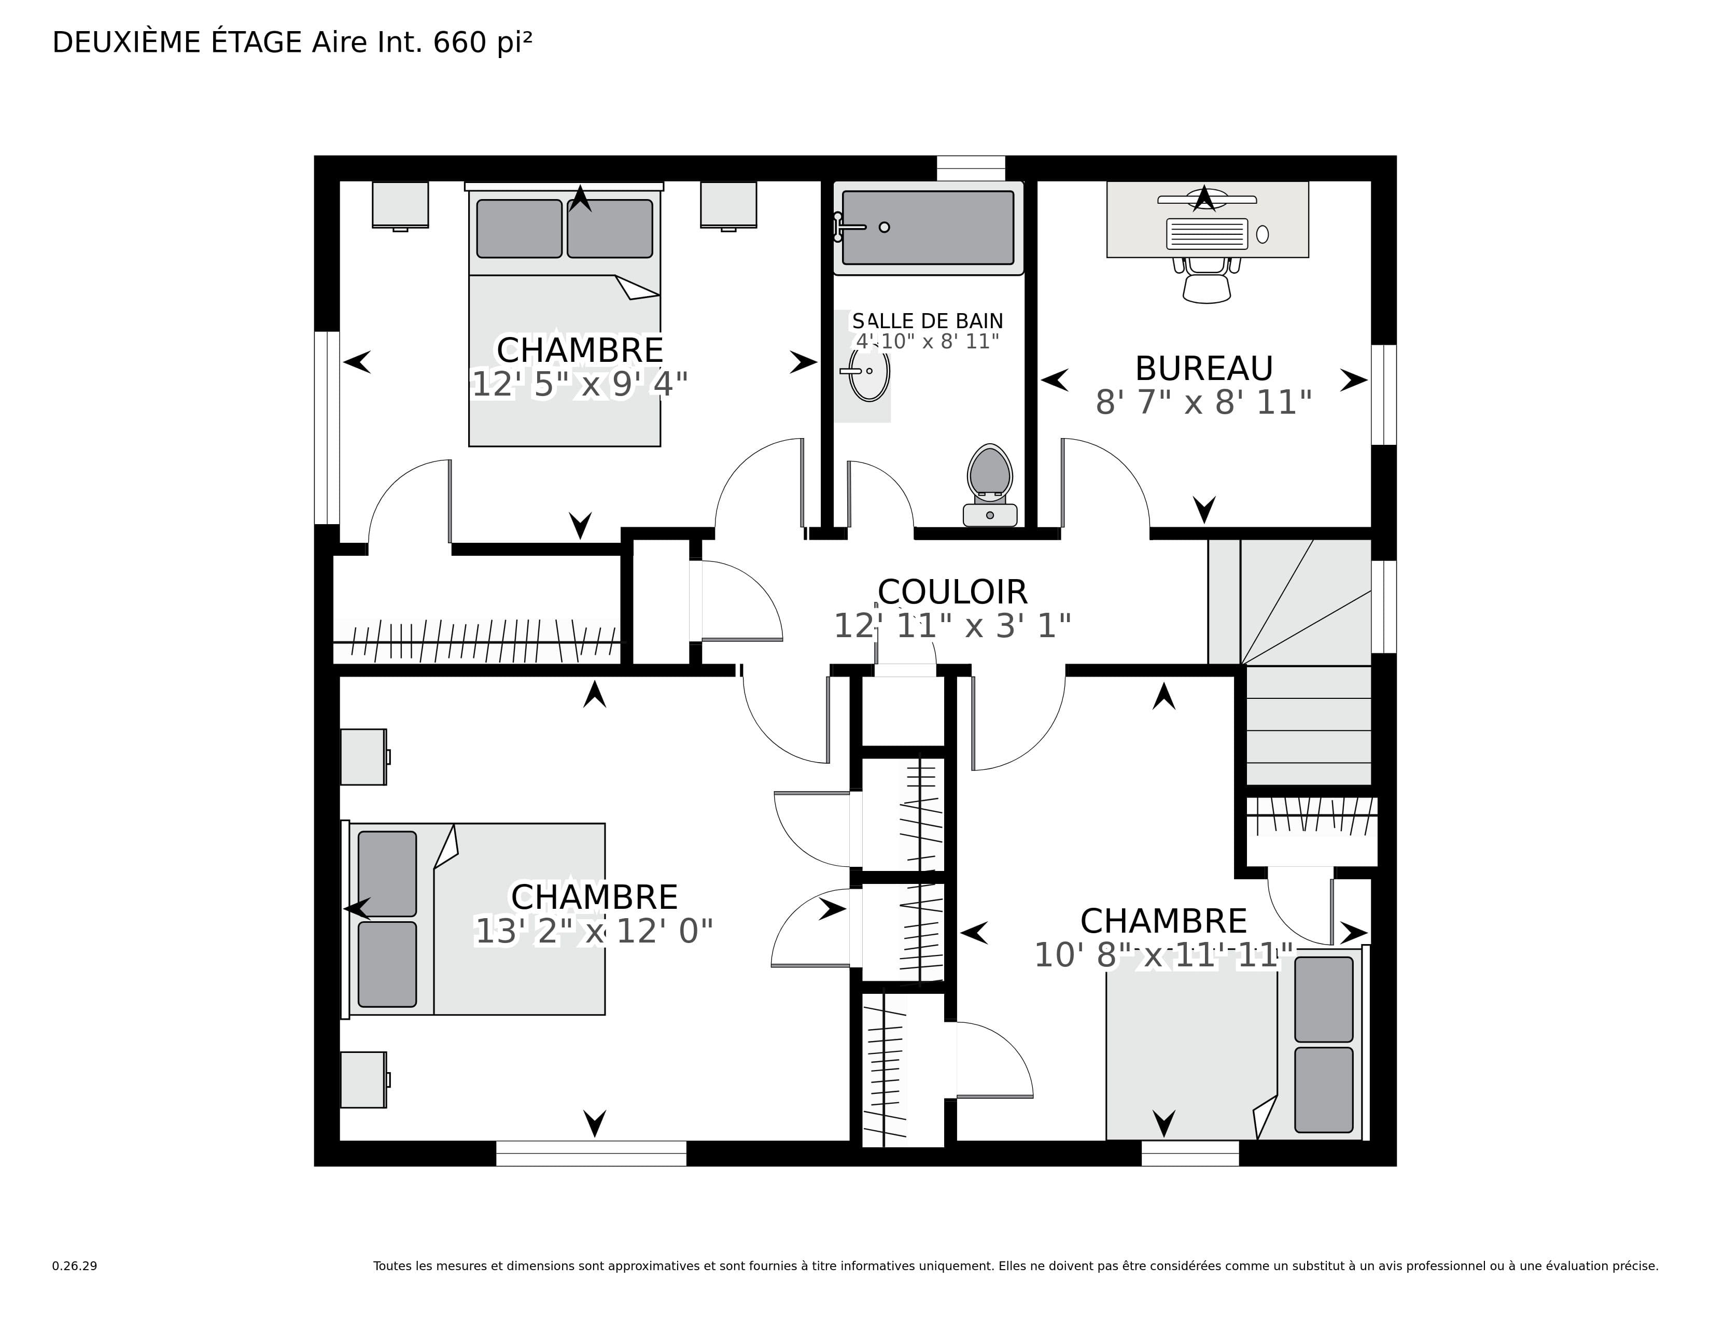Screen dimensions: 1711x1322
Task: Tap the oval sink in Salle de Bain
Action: tap(869, 371)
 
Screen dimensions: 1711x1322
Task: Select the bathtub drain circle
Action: tap(885, 227)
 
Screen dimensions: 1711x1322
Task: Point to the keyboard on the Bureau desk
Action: tap(1207, 233)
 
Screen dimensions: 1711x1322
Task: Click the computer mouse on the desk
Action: tap(1262, 234)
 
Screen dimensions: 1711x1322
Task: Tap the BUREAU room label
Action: tap(1203, 368)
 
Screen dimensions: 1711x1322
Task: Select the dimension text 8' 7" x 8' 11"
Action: tap(1203, 402)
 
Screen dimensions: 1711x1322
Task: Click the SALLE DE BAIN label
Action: tap(928, 321)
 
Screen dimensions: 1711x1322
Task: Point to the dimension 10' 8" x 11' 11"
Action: tap(1163, 955)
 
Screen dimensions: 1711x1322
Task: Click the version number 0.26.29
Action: tap(75, 1265)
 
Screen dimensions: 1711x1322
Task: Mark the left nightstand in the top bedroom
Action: tap(400, 206)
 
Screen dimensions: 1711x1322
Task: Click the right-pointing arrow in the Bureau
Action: tap(1354, 380)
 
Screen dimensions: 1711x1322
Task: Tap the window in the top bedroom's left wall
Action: tap(327, 428)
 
